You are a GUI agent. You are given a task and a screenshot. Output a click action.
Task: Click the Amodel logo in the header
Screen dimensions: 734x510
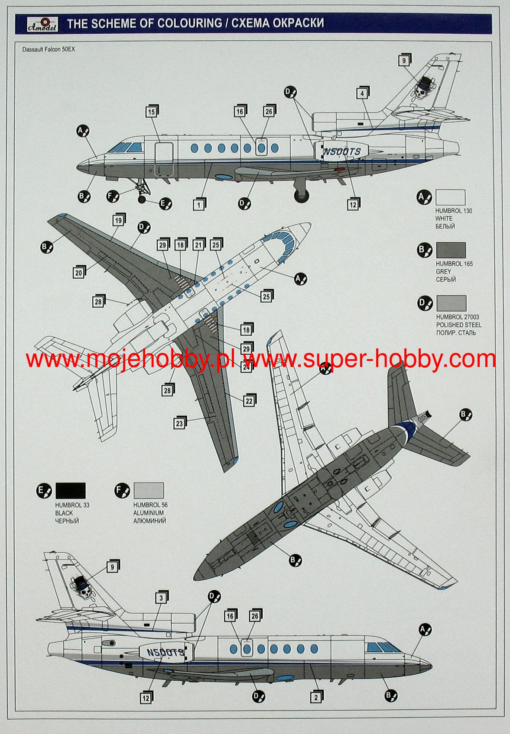coord(38,24)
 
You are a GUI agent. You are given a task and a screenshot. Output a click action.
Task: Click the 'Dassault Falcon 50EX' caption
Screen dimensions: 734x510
coord(49,49)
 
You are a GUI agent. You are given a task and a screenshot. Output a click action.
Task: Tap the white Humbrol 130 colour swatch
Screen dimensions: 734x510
coord(450,197)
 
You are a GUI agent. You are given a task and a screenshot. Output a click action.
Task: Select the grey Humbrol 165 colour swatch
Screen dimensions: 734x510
coord(451,250)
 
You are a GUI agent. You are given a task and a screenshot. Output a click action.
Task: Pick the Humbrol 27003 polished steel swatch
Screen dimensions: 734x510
coord(451,303)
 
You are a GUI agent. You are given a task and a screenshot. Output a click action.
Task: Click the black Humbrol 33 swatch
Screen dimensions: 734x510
coord(70,491)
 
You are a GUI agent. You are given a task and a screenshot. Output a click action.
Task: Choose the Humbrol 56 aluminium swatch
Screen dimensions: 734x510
coord(149,491)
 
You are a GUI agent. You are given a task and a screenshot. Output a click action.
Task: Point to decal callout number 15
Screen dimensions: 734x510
coord(151,112)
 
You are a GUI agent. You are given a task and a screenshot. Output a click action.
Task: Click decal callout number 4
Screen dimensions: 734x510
coord(362,93)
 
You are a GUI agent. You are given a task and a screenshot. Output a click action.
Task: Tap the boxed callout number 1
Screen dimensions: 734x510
coord(199,205)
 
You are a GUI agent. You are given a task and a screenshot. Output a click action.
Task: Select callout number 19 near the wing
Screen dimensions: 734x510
coord(118,221)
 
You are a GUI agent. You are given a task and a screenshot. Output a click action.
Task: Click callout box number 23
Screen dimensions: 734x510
coord(179,424)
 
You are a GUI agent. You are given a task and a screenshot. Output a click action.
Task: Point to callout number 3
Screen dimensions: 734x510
coord(161,598)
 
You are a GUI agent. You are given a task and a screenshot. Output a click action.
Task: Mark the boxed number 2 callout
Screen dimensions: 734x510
coord(316,697)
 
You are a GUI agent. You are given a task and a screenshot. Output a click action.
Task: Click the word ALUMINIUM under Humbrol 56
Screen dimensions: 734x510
coord(149,513)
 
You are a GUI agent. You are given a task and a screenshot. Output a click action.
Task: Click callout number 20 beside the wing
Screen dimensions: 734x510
coord(78,273)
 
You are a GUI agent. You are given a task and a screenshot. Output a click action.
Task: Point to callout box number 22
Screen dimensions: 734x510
coord(249,401)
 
